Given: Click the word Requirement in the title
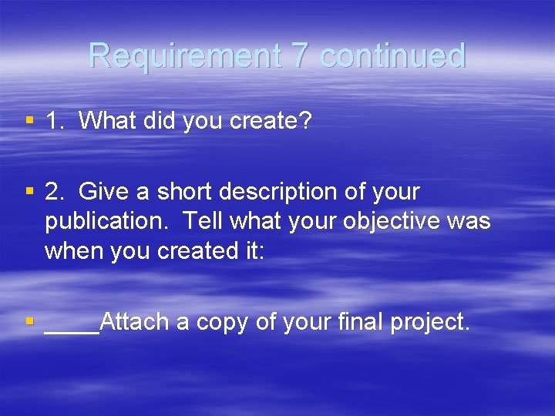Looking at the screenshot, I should pyautogui.click(x=184, y=56).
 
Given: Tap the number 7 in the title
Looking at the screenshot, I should pyautogui.click(x=298, y=56).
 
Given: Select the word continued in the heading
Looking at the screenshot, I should pyautogui.click(x=392, y=56).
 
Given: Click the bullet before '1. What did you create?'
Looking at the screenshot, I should pyautogui.click(x=29, y=120).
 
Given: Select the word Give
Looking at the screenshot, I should pyautogui.click(x=105, y=191).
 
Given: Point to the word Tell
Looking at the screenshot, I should pyautogui.click(x=203, y=221).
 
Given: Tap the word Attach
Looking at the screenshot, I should pyautogui.click(x=135, y=321).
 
